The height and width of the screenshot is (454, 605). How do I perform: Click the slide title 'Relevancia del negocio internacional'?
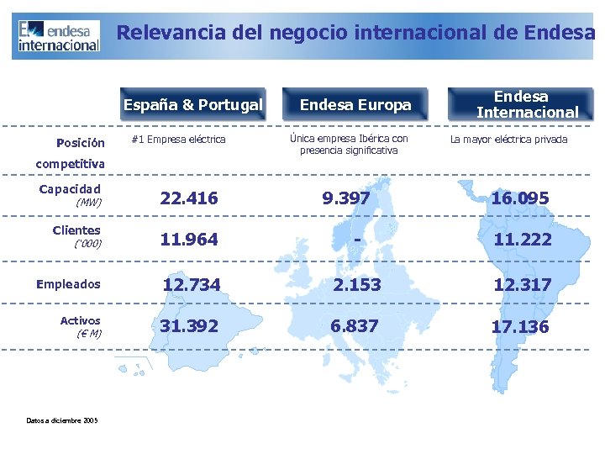[x=355, y=33]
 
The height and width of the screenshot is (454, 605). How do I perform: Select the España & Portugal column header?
[x=192, y=105]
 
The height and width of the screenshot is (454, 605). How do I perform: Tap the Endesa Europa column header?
[x=355, y=105]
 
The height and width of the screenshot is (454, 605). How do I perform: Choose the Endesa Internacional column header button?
[x=520, y=104]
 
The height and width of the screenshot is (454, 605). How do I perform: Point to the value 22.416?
[x=189, y=198]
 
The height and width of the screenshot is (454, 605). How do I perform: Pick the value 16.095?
[x=520, y=198]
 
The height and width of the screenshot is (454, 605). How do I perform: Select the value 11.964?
[x=189, y=240]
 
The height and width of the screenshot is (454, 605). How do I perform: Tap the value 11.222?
[x=523, y=240]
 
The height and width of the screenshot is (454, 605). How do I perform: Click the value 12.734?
[x=192, y=285]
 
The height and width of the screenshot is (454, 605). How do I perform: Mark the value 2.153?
[x=356, y=285]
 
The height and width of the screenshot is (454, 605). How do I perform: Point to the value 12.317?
[x=523, y=285]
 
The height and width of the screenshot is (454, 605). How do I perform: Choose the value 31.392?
[x=189, y=325]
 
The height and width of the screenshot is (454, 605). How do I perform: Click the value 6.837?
[x=355, y=325]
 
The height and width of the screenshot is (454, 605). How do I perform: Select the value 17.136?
[x=520, y=326]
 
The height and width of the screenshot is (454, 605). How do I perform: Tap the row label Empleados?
[x=68, y=284]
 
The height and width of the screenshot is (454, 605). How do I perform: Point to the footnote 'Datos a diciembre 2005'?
[x=61, y=420]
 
